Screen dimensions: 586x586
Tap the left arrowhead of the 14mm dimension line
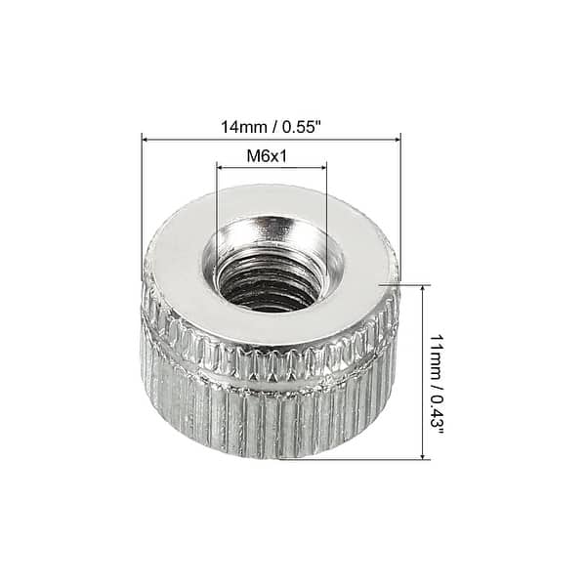[x=146, y=139]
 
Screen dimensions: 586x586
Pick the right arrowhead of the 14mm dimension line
[x=397, y=139]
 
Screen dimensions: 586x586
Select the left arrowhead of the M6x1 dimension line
[x=220, y=167]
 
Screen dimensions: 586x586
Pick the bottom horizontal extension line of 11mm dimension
[x=371, y=459]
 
